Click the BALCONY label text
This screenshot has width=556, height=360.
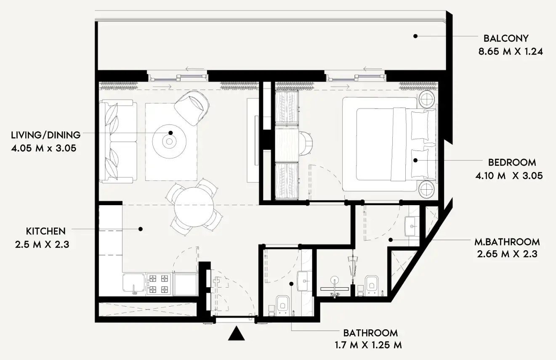click(505, 39)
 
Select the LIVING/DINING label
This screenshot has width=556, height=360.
click(46, 135)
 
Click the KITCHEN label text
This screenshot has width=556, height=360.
click(46, 231)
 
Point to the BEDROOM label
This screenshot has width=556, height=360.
click(512, 162)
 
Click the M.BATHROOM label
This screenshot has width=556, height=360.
click(507, 242)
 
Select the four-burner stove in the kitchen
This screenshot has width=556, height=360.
click(159, 284)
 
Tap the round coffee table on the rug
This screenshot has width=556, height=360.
click(170, 141)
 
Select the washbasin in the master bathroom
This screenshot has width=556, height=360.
click(411, 227)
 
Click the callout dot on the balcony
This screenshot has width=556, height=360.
click(415, 37)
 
